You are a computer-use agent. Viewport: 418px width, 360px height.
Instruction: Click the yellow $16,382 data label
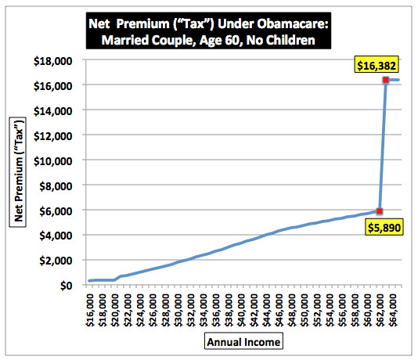point(377,64)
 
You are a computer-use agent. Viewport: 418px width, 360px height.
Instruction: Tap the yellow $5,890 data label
point(384,227)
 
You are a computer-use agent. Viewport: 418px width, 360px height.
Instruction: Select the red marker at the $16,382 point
point(386,80)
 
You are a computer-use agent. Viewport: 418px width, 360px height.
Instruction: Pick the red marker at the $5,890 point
point(380,211)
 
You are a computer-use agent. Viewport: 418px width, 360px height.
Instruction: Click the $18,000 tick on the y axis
point(52,61)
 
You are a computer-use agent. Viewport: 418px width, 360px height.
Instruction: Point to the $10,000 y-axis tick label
point(52,161)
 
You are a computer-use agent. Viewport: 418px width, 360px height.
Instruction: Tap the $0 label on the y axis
point(66,286)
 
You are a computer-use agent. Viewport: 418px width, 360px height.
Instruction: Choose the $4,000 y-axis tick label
point(56,236)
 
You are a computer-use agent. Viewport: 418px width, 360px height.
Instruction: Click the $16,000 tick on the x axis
point(90,310)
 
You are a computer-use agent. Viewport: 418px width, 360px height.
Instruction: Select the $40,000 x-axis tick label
point(242,310)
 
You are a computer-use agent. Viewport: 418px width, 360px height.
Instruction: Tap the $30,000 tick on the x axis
point(178,310)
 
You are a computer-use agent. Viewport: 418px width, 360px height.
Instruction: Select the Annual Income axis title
point(243,341)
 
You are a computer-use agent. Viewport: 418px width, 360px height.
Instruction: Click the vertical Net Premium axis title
point(18,172)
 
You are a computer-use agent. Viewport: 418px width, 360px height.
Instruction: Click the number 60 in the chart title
point(234,40)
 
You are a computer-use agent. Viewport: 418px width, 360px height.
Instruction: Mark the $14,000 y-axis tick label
point(52,111)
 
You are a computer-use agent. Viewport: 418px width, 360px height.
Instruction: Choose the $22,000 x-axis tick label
point(128,310)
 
